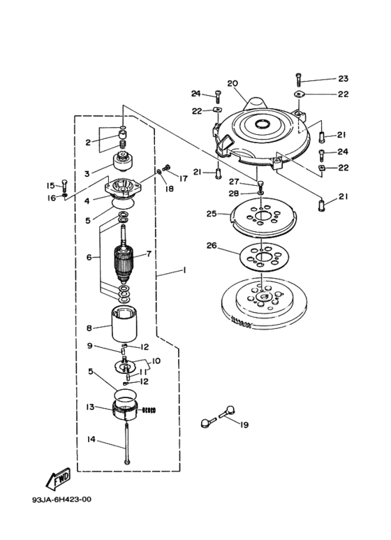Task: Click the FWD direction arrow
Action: point(58,479)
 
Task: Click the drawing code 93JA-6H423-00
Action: point(62,499)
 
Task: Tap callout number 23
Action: point(343,78)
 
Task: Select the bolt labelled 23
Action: point(298,80)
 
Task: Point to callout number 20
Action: point(233,83)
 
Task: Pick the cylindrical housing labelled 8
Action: point(124,323)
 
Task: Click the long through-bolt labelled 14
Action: point(127,444)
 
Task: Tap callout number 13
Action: point(90,407)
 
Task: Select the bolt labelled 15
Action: point(65,186)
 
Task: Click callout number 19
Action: point(244,425)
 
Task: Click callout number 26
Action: point(212,245)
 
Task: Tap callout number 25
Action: point(212,214)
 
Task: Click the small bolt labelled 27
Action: point(260,185)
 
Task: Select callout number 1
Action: point(184,270)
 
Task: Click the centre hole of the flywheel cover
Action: point(263,123)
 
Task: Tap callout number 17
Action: point(184,178)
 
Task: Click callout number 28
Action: point(234,194)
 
